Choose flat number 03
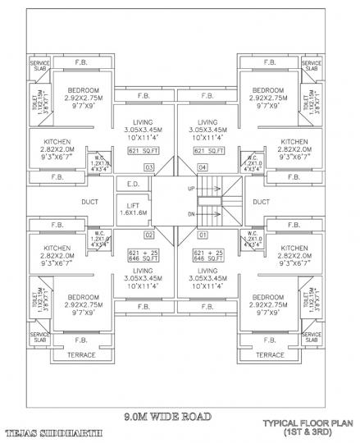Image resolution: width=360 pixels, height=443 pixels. click(149, 167)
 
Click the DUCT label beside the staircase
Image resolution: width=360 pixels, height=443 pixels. click(262, 202)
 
